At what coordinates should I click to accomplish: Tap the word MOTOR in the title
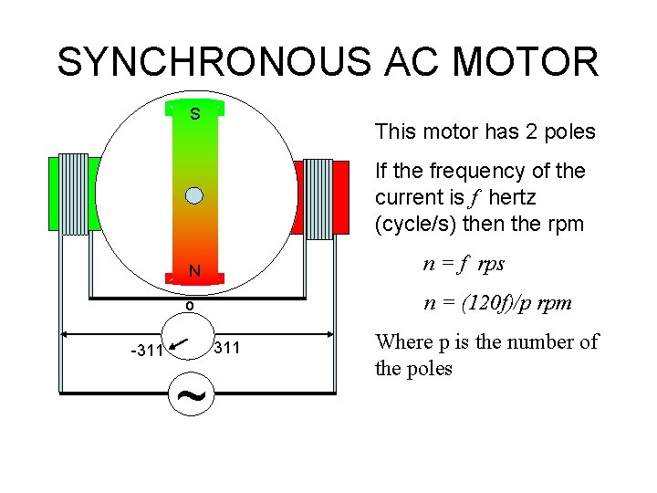525,62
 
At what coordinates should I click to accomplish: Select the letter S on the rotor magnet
194,114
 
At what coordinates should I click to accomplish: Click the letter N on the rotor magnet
194,271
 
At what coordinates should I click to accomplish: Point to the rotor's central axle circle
193,194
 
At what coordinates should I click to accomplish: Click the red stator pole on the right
340,198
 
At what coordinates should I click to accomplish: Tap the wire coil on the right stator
318,199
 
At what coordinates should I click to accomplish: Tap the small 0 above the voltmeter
189,307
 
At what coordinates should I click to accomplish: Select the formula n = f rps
464,264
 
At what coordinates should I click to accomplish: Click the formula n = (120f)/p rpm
497,302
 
